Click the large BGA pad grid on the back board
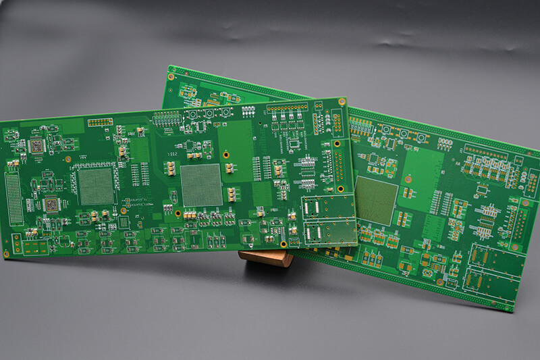(x=376, y=200)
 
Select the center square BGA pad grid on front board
(x=201, y=184)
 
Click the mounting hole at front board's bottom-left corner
(x=7, y=254)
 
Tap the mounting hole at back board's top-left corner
(x=171, y=77)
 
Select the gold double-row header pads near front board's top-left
(x=100, y=122)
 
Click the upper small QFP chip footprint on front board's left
(x=36, y=145)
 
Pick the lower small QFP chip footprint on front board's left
(x=51, y=203)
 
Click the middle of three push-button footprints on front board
(x=209, y=113)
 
